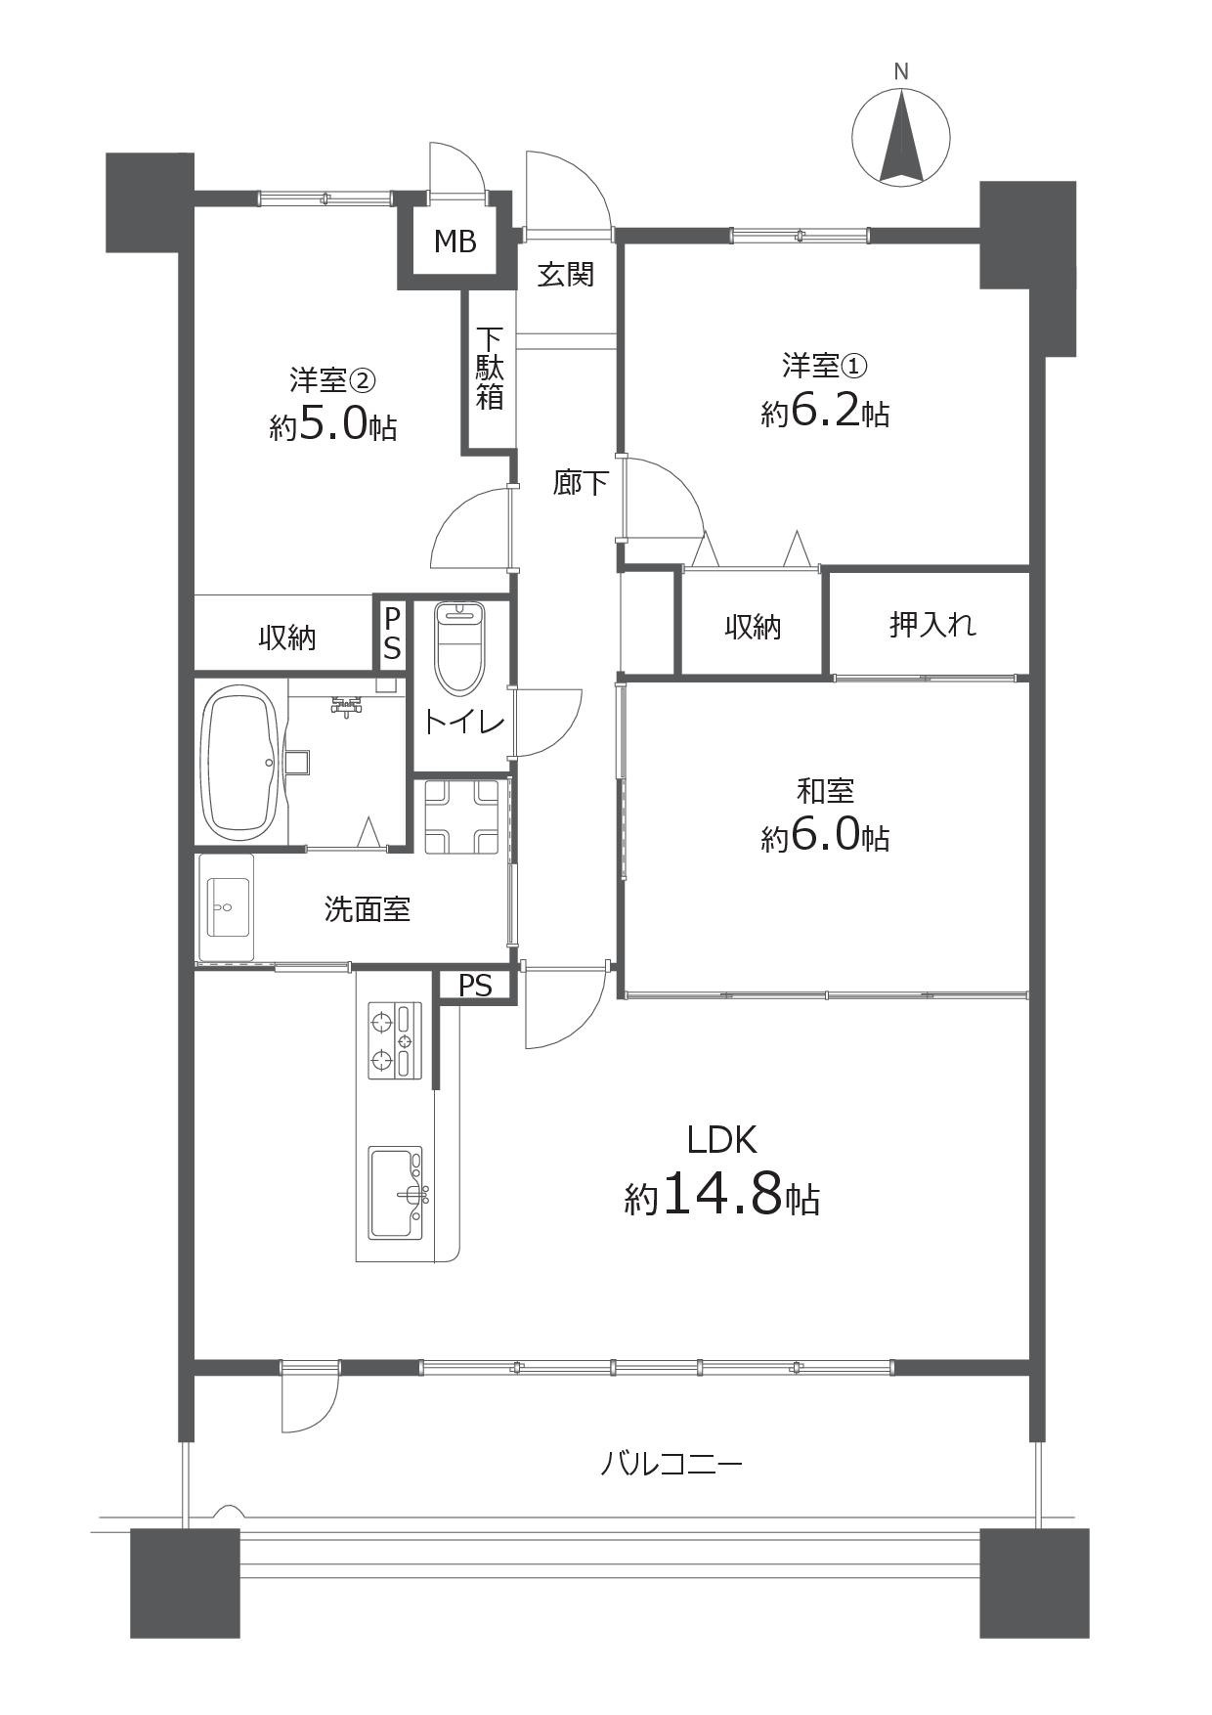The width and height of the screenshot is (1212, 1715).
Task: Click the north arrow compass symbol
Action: pyautogui.click(x=901, y=137)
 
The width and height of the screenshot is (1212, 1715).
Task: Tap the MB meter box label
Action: pyautogui.click(x=455, y=241)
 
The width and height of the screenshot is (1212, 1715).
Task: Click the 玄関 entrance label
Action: pyautogui.click(x=566, y=274)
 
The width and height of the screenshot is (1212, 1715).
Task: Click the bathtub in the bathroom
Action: pyautogui.click(x=240, y=763)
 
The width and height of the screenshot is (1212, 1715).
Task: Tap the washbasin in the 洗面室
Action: pyautogui.click(x=227, y=907)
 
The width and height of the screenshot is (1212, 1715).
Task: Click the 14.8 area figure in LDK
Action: pyautogui.click(x=722, y=1195)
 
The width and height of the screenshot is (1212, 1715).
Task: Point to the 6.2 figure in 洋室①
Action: pyautogui.click(x=824, y=414)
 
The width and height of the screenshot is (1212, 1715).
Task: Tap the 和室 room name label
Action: pyautogui.click(x=825, y=789)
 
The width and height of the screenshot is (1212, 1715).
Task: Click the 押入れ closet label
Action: pyautogui.click(x=932, y=624)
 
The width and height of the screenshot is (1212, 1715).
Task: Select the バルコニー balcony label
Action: pyautogui.click(x=671, y=1464)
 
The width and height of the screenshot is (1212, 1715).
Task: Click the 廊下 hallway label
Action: pyautogui.click(x=581, y=482)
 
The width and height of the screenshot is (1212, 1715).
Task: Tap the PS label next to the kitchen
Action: pyautogui.click(x=475, y=986)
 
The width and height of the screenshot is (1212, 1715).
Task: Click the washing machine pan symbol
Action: pyautogui.click(x=461, y=815)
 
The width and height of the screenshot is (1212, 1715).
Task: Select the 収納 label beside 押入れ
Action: pyautogui.click(x=753, y=627)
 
